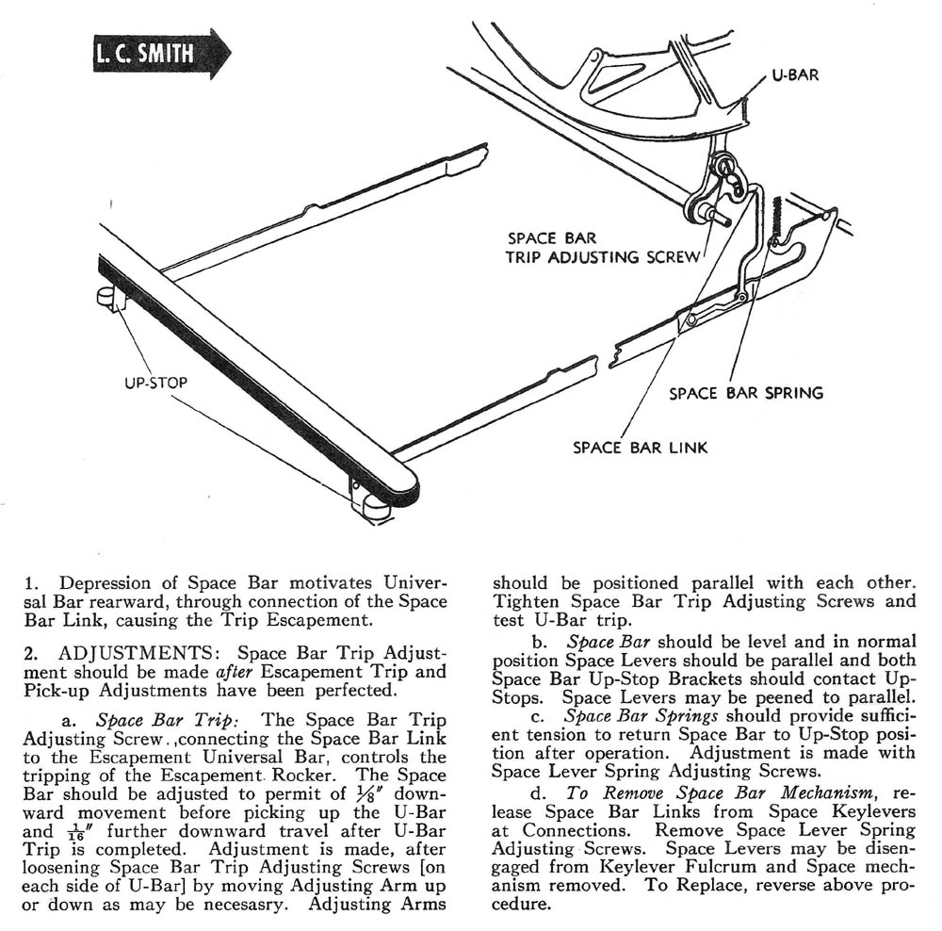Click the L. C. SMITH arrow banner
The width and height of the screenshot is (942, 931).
(x=160, y=55)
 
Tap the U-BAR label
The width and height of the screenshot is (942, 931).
(x=795, y=75)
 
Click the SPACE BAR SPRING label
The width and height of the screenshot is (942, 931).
(x=746, y=393)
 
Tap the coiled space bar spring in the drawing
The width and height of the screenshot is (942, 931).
(x=778, y=221)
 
